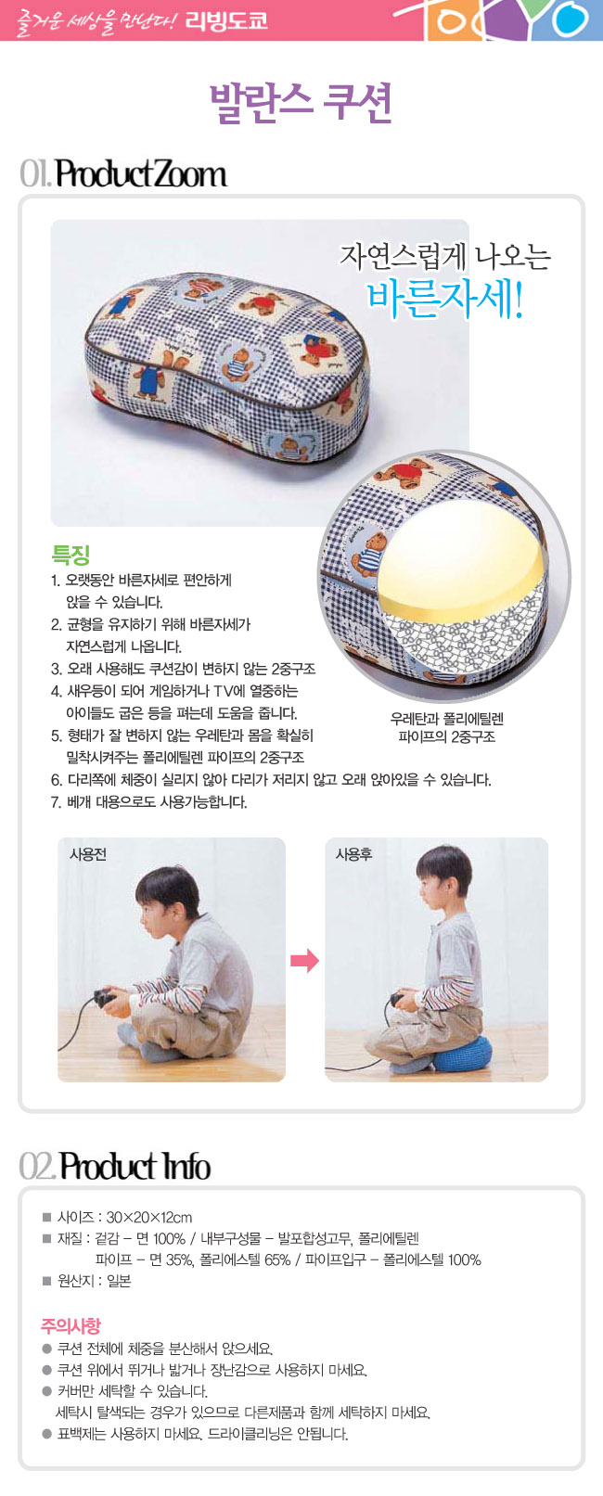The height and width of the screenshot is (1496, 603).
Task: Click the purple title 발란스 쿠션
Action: pos(301,103)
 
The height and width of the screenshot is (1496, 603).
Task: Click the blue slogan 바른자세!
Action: pos(444,298)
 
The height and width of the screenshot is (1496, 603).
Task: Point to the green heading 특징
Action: pos(71,555)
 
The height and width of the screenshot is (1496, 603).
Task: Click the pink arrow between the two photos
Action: pos(304,961)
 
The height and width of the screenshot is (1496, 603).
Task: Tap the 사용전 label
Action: pos(87,854)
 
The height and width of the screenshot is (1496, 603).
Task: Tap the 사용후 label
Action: pos(353,854)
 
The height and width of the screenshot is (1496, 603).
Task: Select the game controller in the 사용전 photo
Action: pos(104,997)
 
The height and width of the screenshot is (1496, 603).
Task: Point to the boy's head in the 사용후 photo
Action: pos(443,874)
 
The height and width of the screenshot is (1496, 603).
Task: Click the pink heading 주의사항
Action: pos(71,1325)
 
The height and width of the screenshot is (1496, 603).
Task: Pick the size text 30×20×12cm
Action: pos(149,1217)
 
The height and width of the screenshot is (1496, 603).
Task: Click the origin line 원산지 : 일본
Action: pos(94,1280)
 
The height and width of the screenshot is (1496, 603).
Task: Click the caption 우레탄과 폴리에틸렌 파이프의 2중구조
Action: pos(447,727)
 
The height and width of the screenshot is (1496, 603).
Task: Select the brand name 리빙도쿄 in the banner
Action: pos(226,20)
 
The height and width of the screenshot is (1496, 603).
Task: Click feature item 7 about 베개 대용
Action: pos(149,801)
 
